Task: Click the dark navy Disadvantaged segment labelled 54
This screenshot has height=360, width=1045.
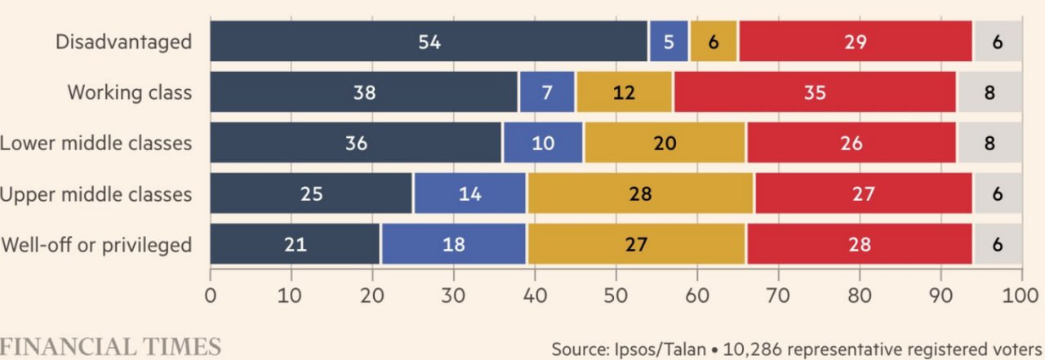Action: [x=429, y=42]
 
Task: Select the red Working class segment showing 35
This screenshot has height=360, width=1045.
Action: [x=815, y=92]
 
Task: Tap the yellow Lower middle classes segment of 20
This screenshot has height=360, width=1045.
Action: [x=665, y=143]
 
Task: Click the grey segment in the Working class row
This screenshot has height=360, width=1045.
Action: [x=989, y=92]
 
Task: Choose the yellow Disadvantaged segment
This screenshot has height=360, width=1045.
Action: [x=714, y=42]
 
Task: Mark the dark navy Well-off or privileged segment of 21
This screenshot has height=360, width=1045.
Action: [x=296, y=244]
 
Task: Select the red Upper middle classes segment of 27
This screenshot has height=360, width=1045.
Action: [x=863, y=193]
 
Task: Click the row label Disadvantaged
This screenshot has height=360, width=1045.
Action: [x=123, y=42]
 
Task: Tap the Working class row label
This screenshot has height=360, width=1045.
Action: [x=129, y=92]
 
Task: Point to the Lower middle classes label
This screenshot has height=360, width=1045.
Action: [x=96, y=143]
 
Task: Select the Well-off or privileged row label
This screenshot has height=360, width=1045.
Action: [x=96, y=244]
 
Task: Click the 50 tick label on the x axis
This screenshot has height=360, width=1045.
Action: [x=616, y=295]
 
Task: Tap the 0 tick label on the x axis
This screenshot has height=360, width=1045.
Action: [x=211, y=295]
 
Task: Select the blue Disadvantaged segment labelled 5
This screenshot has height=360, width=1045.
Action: [x=669, y=42]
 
